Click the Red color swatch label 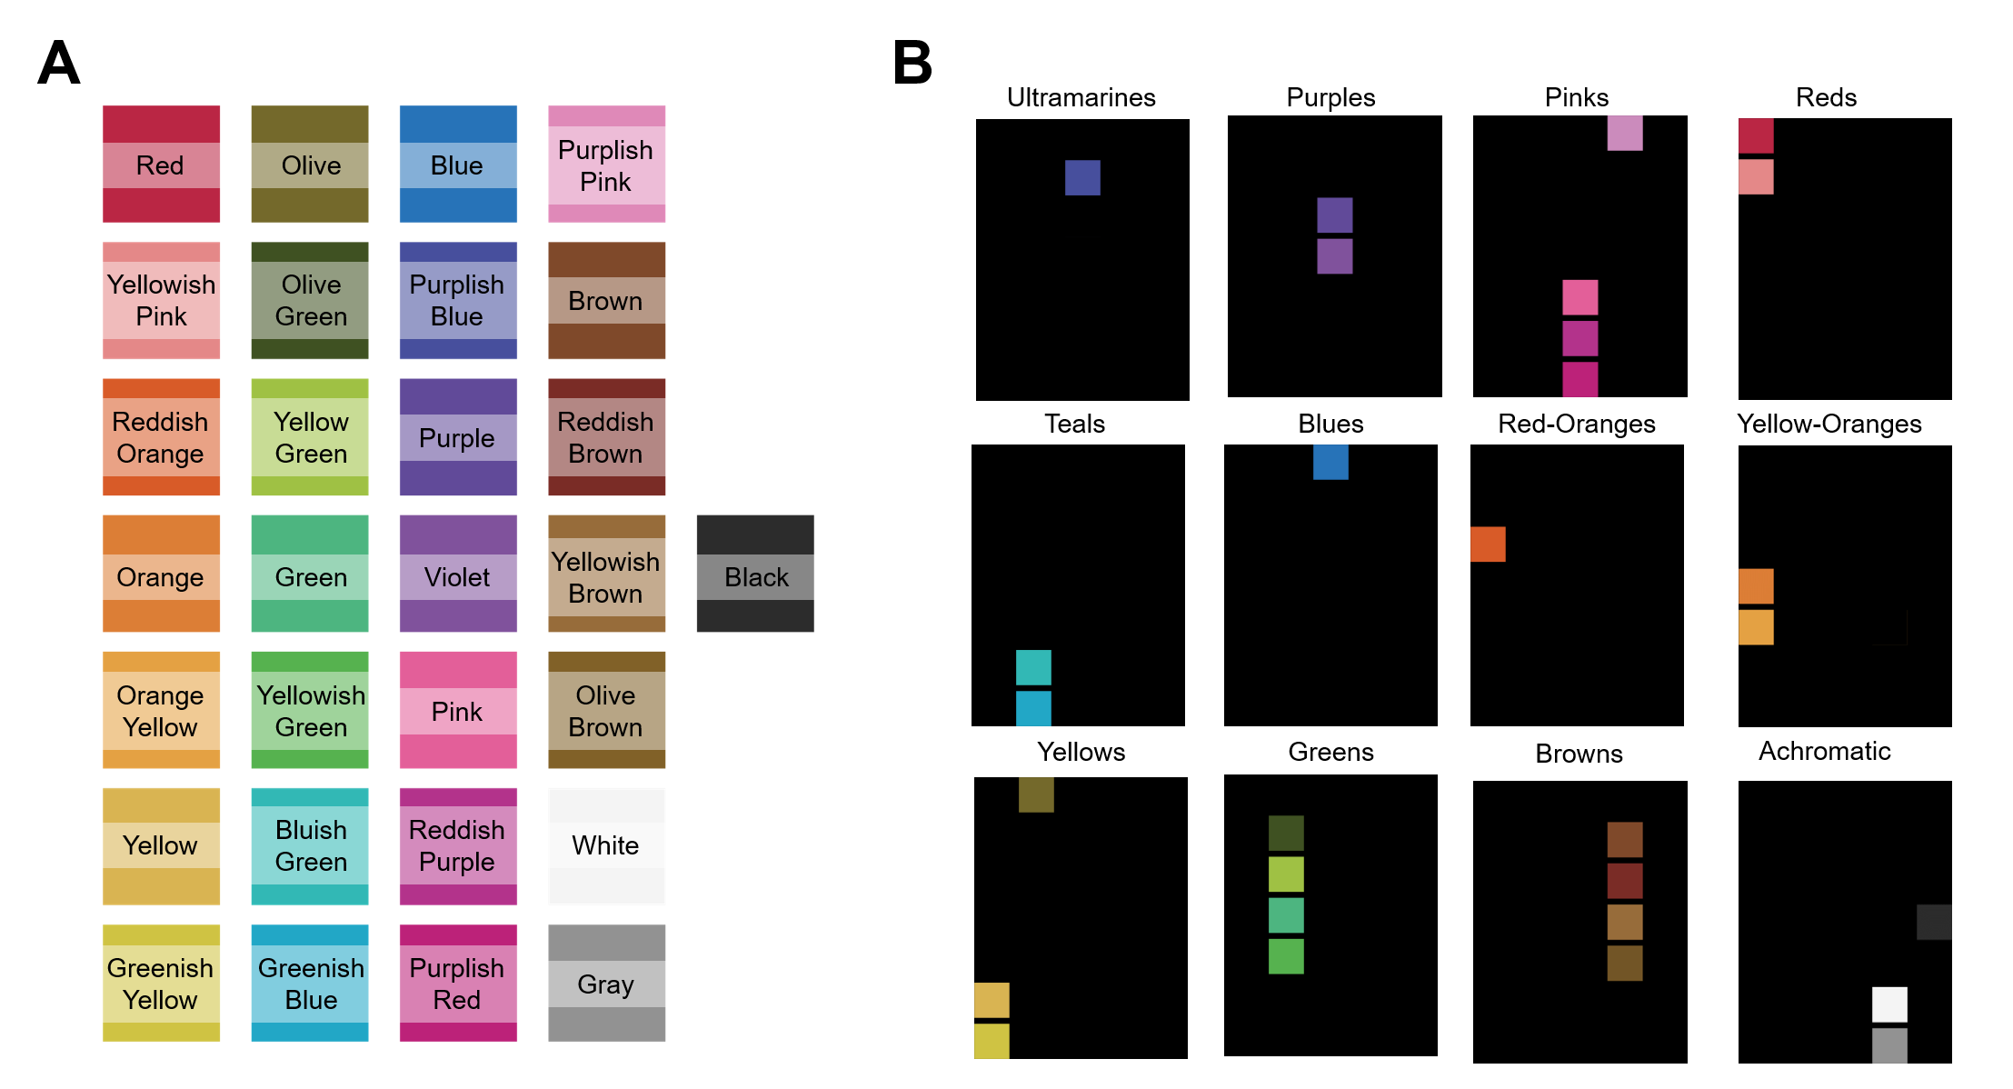161,165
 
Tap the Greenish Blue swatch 310,983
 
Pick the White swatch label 606,845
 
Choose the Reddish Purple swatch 458,846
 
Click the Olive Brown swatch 606,710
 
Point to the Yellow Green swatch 310,437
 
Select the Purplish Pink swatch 606,165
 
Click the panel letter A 59,63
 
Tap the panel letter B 912,63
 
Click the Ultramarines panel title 1081,97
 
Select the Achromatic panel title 1824,751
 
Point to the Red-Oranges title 1576,424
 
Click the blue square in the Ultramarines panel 1082,178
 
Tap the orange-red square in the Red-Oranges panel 1488,544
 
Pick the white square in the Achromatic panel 1889,1004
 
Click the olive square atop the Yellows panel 1036,794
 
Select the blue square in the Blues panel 1330,462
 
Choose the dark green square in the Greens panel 1286,833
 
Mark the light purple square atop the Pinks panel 1625,133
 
